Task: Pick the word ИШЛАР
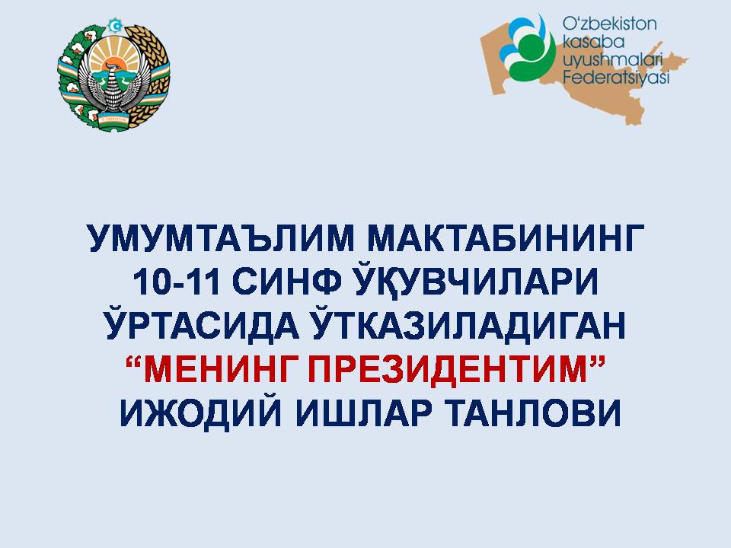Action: (x=364, y=413)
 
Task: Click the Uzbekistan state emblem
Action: (x=113, y=75)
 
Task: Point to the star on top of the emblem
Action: (x=113, y=25)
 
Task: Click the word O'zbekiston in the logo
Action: (x=609, y=24)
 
